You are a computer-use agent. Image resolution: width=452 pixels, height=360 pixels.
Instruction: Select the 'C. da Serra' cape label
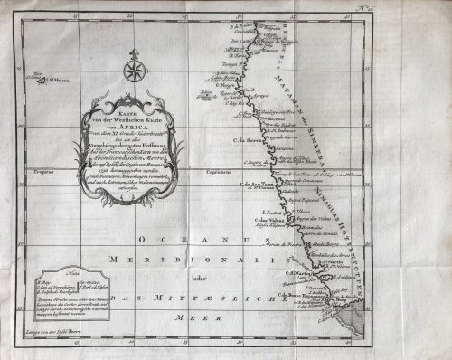248,140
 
